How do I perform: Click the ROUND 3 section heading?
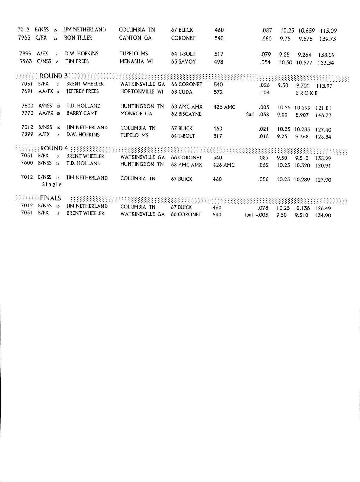coord(54,76)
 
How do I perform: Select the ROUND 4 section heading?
coord(54,148)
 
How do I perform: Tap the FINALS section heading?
coord(50,198)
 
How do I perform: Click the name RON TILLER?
coord(78,38)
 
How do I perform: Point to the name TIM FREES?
coord(77,61)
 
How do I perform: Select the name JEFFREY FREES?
coord(82,91)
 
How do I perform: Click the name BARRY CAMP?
coord(82,113)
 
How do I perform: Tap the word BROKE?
coord(307,93)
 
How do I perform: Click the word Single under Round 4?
coord(52,184)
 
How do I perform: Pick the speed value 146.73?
coord(323,115)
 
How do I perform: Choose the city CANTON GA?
coord(135,38)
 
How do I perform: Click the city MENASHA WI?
coord(136,61)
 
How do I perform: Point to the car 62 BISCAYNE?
coord(186,114)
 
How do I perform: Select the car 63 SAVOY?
coord(183,61)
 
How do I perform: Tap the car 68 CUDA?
coord(181,92)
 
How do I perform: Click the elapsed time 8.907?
coord(301,115)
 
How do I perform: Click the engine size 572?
coord(218,92)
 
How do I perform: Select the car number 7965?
coord(24,38)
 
